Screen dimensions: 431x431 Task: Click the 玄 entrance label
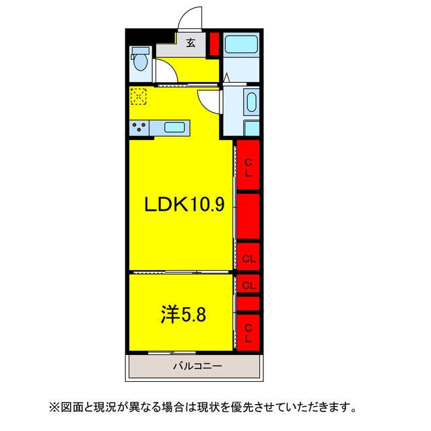point(191,43)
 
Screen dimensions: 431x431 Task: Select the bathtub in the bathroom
point(241,45)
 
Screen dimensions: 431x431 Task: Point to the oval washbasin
point(251,103)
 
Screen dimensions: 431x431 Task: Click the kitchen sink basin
point(175,127)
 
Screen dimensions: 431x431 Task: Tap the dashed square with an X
point(138,96)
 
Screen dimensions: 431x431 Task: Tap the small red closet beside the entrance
point(214,44)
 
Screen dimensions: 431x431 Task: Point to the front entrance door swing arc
point(191,17)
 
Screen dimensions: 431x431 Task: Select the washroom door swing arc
point(209,102)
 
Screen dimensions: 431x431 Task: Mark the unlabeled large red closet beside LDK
point(248,216)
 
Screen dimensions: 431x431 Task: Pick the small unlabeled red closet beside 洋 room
point(248,304)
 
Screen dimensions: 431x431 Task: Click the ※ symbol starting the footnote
point(54,407)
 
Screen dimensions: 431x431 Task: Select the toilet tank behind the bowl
point(141,51)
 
